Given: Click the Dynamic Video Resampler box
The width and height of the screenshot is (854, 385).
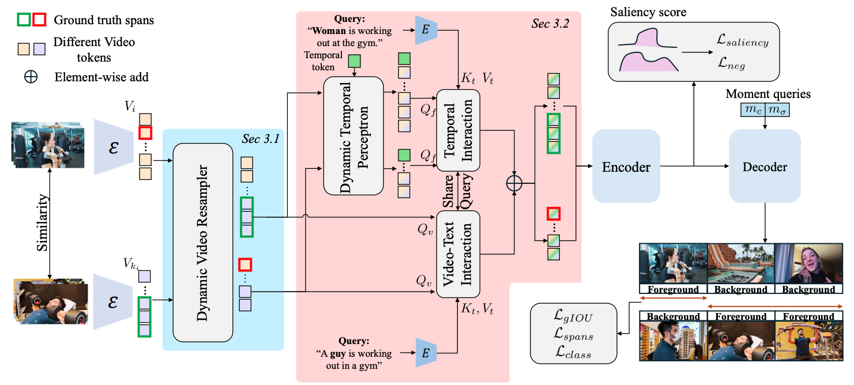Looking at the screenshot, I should point(202,243).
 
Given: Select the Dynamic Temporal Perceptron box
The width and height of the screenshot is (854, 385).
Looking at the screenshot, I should point(353,135).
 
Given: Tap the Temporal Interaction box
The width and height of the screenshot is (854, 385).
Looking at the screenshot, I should point(458,130).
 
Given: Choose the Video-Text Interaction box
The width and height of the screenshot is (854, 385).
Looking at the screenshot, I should point(458,254).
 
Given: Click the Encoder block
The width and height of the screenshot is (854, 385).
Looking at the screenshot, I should point(626,167).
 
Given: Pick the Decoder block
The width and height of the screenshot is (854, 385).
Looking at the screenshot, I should point(765,167).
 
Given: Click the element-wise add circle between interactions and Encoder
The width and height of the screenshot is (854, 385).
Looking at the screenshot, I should point(514,184).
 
